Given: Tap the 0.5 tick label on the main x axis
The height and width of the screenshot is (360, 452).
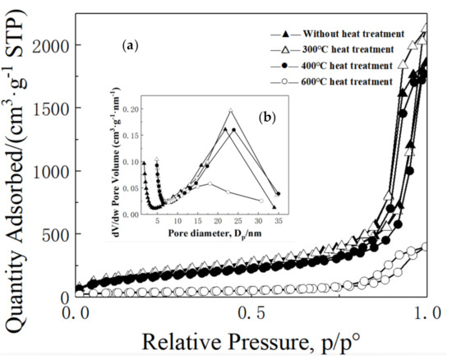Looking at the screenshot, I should coord(251,313).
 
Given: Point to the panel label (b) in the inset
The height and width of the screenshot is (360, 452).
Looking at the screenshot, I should coord(265,118).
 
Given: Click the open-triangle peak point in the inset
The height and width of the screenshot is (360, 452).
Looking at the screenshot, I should coord(231,110).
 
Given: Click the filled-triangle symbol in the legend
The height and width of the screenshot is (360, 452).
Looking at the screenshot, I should coord(284,35).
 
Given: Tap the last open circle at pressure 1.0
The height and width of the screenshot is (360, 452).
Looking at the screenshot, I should coord(425,246).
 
